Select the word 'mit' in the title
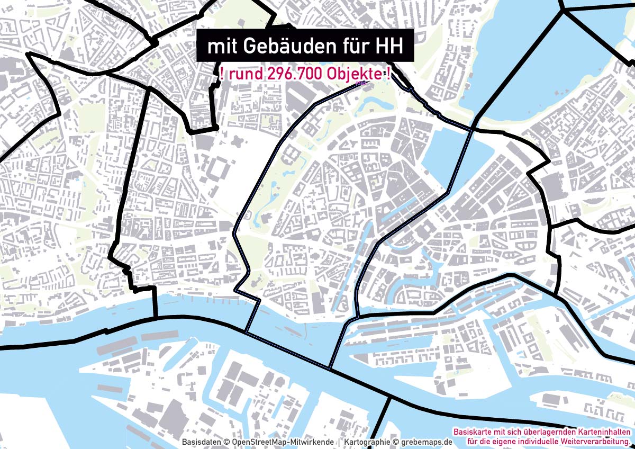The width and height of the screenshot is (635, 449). click(222, 47)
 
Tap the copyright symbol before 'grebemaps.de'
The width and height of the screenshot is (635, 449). click(395, 442)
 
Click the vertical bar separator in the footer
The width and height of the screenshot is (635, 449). click(339, 442)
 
